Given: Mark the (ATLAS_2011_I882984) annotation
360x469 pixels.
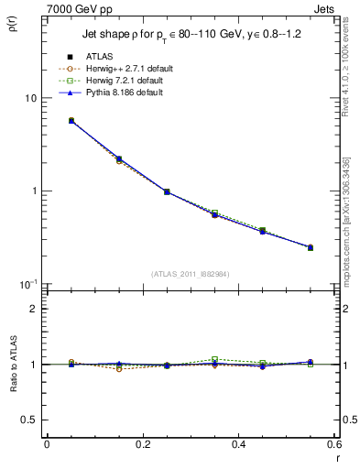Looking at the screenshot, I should (x=191, y=274).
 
